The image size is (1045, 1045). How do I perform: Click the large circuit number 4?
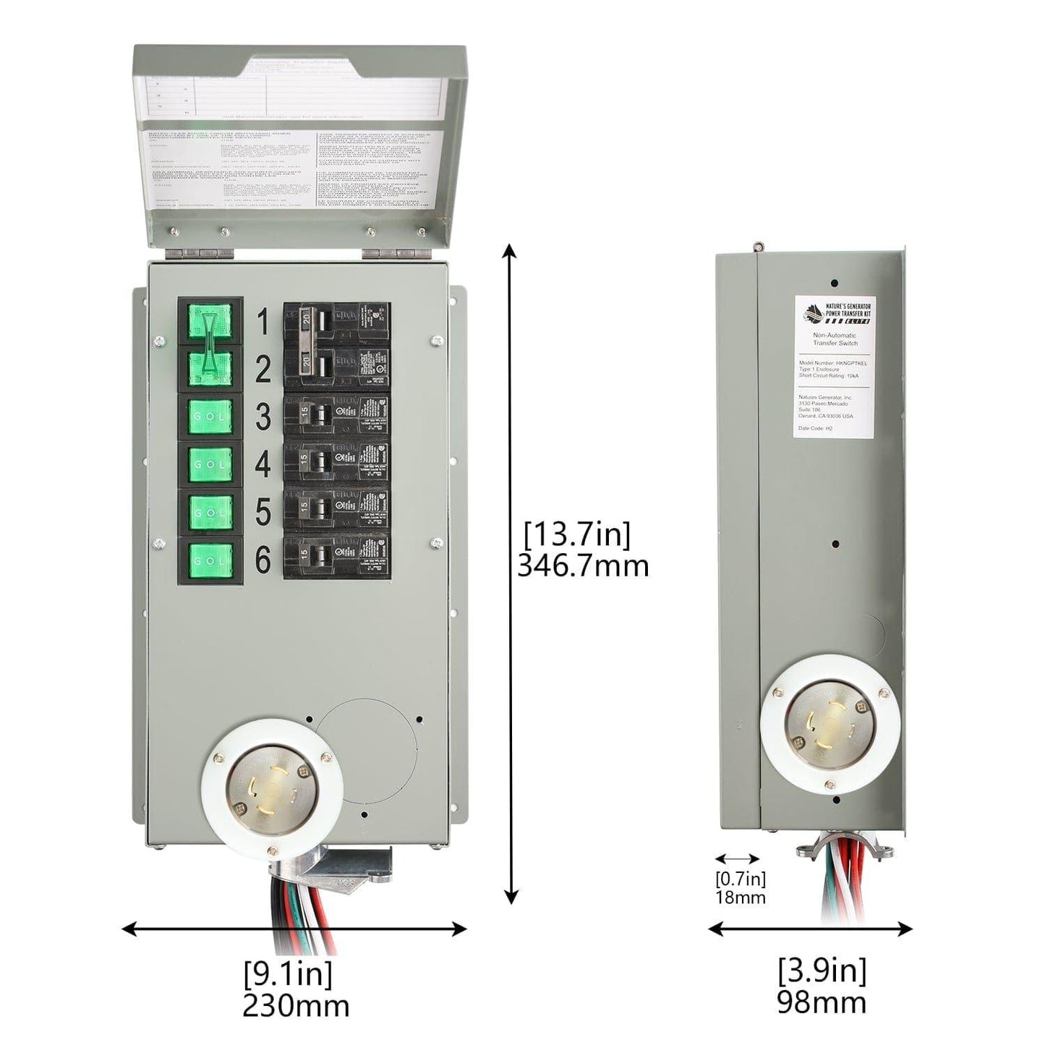263,464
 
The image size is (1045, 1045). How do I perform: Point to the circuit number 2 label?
263,370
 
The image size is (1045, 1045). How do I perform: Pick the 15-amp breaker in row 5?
337,511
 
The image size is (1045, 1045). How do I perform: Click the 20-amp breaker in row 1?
337,323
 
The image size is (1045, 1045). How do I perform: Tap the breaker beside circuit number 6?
337,558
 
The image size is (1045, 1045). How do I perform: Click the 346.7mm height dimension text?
583,566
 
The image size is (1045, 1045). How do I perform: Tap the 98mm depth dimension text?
822,1002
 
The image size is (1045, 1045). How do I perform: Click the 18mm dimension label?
740,897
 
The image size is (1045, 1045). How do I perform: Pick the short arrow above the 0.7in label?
737,858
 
